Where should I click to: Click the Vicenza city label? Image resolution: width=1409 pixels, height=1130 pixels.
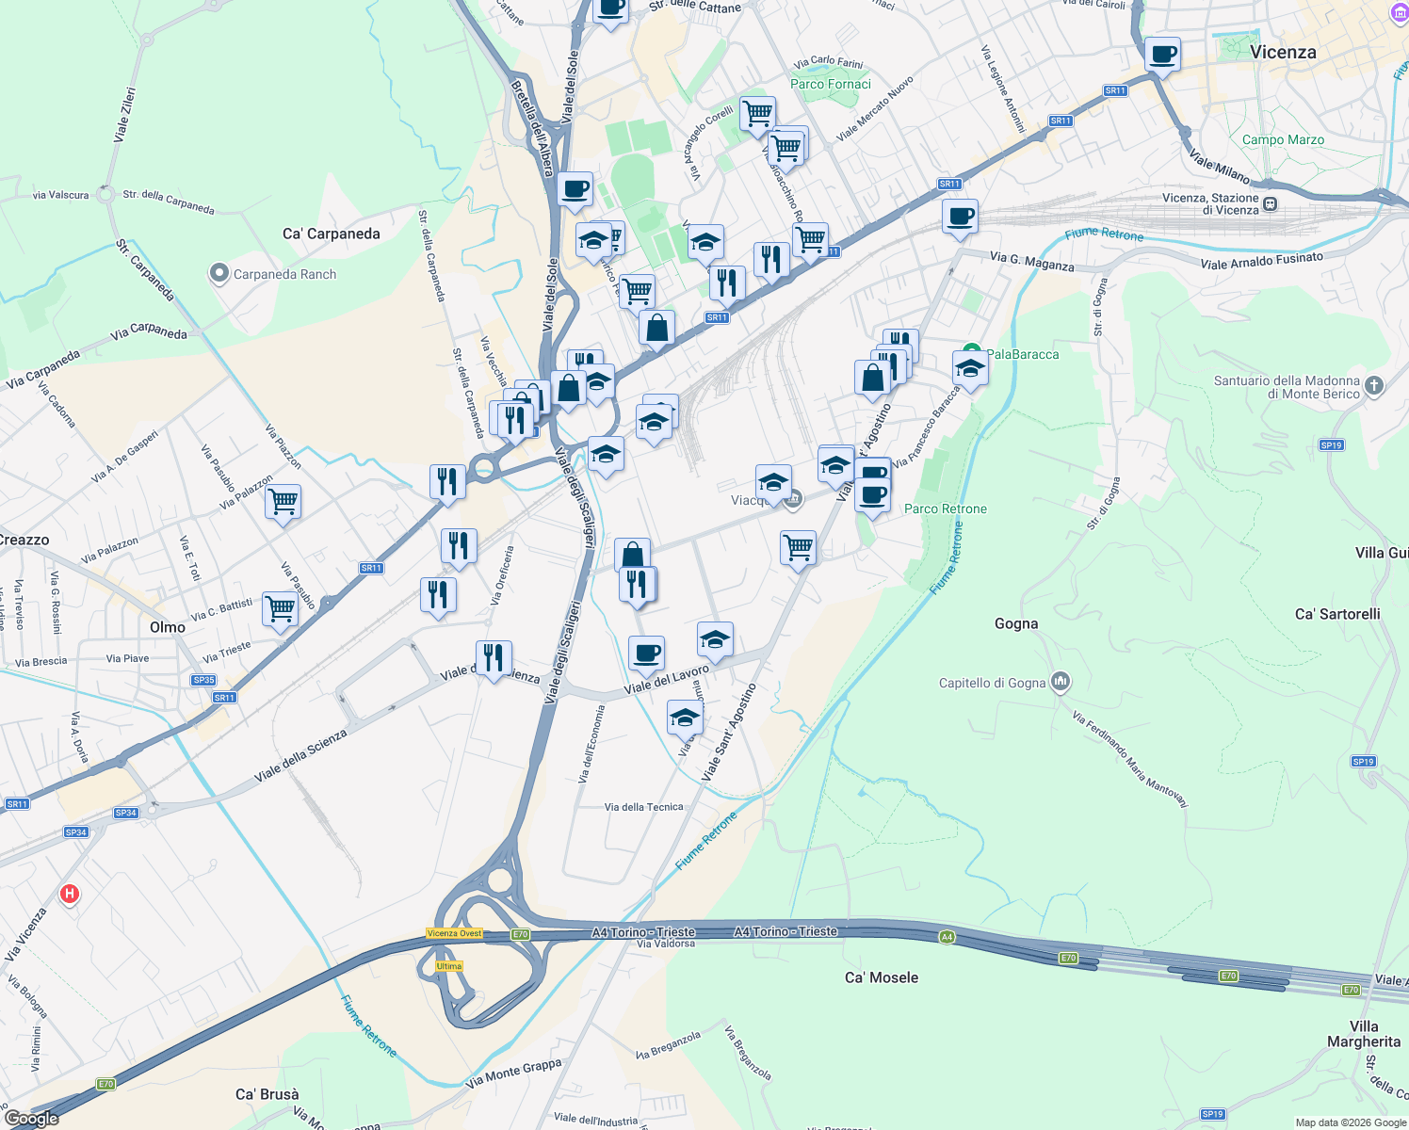click(1282, 52)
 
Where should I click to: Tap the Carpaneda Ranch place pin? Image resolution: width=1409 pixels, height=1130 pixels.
click(219, 274)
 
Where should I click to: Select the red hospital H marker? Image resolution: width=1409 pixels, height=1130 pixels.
click(69, 893)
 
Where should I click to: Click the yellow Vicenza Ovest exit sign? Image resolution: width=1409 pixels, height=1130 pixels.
click(455, 933)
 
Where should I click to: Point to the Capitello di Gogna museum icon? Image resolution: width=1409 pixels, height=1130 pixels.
click(1061, 682)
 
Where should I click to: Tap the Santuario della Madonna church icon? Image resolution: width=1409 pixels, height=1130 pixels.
click(1374, 385)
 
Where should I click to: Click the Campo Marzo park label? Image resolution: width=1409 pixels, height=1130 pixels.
click(1283, 139)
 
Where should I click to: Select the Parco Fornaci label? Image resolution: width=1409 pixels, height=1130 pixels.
click(831, 84)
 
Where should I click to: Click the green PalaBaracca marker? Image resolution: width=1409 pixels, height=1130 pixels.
click(972, 353)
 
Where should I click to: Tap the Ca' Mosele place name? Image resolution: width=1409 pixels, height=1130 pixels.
click(882, 977)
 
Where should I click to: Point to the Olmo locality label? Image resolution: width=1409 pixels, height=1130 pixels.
click(168, 627)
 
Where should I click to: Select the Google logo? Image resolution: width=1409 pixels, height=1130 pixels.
click(32, 1118)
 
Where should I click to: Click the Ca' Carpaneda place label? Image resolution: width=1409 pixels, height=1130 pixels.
click(332, 234)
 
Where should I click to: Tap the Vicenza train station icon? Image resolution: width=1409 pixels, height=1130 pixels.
click(1270, 203)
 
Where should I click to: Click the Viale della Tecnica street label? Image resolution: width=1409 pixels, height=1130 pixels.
click(644, 807)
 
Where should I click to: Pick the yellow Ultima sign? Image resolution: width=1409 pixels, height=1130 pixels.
click(449, 966)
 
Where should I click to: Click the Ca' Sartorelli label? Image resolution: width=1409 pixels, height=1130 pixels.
click(1337, 614)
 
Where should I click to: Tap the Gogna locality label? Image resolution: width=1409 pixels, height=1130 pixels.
click(1016, 623)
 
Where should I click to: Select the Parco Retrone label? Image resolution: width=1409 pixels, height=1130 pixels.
click(946, 508)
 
